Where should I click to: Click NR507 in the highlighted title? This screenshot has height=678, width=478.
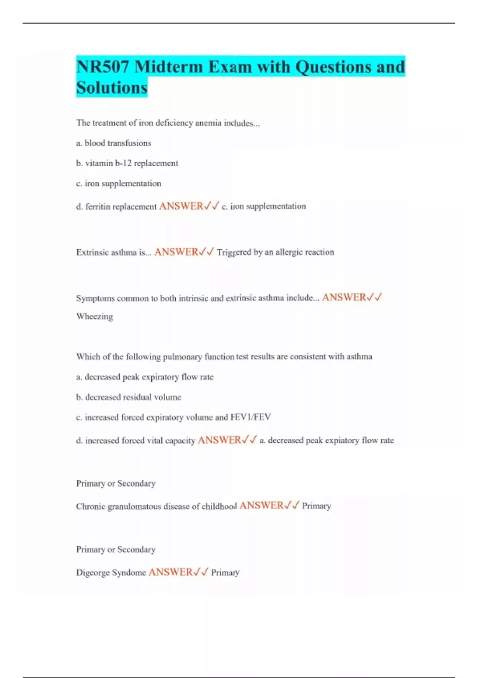point(102,67)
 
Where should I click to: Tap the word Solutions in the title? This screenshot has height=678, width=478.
point(112,87)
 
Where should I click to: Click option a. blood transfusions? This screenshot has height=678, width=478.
point(114,143)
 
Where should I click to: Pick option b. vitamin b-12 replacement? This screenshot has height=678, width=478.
point(127,163)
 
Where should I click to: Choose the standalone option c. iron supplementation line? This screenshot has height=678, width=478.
point(119,183)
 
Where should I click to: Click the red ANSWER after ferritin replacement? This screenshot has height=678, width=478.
point(181,206)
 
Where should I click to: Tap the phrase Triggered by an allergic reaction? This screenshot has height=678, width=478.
point(275,252)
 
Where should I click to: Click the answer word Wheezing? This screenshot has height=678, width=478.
point(94,317)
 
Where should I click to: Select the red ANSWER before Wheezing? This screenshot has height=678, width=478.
point(344,298)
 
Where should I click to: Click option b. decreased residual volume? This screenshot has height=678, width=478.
point(128,397)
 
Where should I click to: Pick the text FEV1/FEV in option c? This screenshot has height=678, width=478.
point(251,417)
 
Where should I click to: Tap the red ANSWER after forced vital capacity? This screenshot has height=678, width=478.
point(219,440)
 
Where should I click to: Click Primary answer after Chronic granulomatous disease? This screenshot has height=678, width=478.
point(316,506)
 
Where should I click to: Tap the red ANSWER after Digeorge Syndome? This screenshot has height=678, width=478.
point(170,572)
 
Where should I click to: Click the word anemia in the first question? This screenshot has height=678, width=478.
point(208,123)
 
